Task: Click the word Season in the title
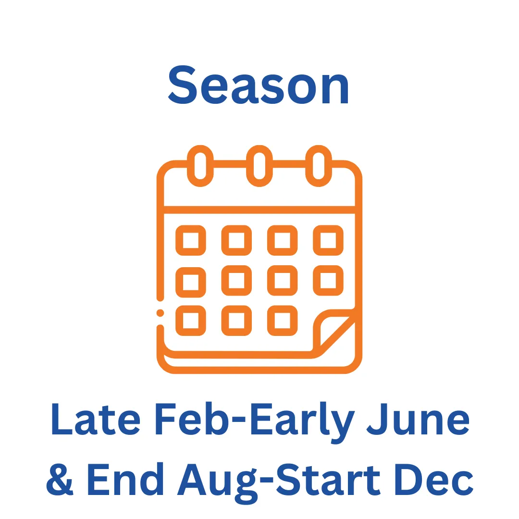tap(259, 85)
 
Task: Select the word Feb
tap(192, 419)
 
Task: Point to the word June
tap(418, 419)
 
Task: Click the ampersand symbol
tap(60, 480)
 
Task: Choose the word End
tap(125, 479)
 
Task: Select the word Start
tap(328, 480)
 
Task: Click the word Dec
tap(434, 480)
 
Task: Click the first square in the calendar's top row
tap(191, 229)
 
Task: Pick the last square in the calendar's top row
tap(328, 229)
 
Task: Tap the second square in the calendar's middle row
tap(236, 269)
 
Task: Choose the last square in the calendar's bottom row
tap(283, 309)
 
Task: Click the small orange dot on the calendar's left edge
tap(160, 313)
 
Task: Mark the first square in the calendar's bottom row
tap(191, 309)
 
